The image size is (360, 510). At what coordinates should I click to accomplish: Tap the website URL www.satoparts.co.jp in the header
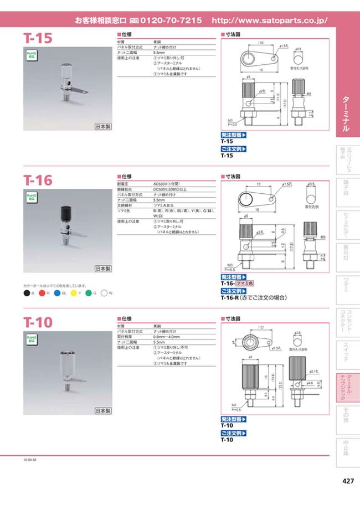point(270,20)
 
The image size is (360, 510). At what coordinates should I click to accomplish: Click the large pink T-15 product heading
point(38,39)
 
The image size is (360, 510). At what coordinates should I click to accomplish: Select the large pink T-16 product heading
point(38,180)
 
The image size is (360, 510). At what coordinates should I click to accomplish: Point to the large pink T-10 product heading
point(38,322)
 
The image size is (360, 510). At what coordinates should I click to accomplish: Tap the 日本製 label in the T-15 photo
point(103,127)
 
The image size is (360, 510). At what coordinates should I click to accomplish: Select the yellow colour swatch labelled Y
point(74,292)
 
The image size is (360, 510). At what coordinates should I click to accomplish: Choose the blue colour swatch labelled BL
point(57,292)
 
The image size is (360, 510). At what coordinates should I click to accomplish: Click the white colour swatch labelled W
point(104,292)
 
